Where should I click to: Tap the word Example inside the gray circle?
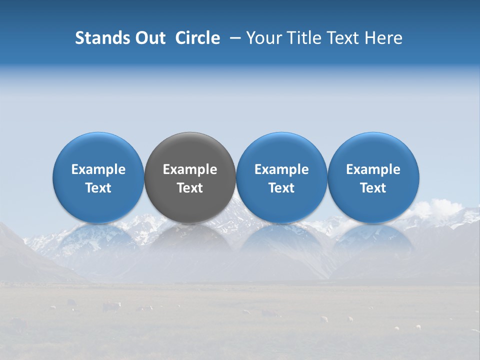click(x=190, y=169)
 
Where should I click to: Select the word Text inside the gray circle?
click(x=190, y=188)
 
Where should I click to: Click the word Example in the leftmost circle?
click(x=98, y=169)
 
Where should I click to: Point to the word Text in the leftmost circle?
click(x=98, y=188)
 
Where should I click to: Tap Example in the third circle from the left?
click(x=281, y=169)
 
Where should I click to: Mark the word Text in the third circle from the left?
click(x=281, y=188)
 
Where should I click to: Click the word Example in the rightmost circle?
click(x=373, y=169)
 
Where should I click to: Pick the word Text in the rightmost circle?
click(x=373, y=188)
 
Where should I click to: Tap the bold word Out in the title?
click(x=149, y=38)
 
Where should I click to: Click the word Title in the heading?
click(x=304, y=38)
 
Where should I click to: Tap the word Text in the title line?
click(x=344, y=38)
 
